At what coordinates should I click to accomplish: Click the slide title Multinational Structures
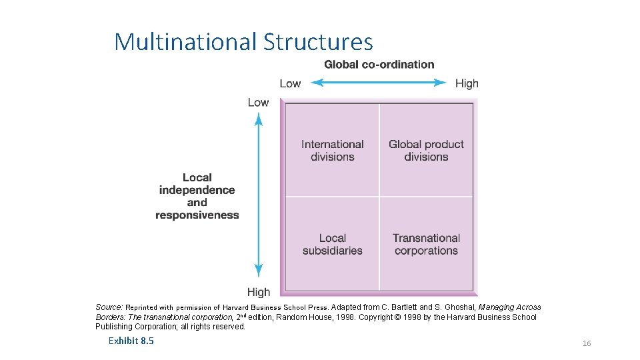point(243,41)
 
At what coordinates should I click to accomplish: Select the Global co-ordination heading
point(379,65)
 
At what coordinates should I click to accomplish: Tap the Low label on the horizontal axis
point(290,83)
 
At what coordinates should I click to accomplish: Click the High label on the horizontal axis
point(467,83)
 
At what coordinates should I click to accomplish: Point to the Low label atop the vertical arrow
point(258,102)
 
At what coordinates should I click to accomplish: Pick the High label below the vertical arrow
point(259,292)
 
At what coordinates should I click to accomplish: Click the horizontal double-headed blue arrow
point(379,83)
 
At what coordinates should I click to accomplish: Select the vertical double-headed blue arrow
point(259,196)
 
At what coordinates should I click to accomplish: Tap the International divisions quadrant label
point(332,151)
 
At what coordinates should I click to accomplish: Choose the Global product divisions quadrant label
point(426,151)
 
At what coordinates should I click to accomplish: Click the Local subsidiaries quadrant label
point(332,245)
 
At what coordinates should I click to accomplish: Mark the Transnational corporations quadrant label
point(426,245)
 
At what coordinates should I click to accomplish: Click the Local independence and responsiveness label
point(197,196)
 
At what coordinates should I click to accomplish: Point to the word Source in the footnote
point(109,307)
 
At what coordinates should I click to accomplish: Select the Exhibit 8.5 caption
point(131,341)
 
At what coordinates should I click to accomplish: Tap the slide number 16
point(587,343)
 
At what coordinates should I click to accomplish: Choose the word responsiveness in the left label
point(197,215)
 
